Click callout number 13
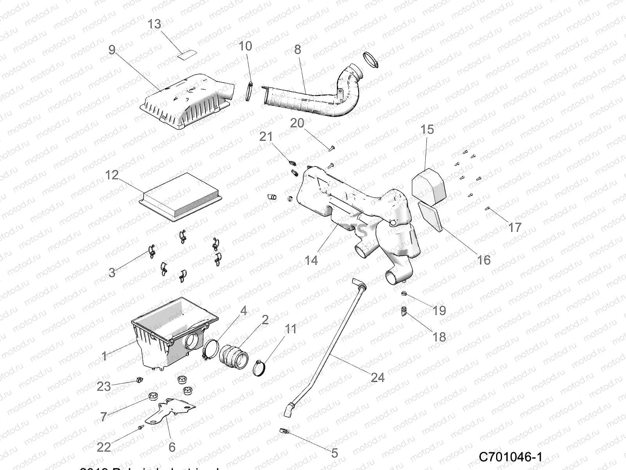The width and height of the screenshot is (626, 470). point(154,24)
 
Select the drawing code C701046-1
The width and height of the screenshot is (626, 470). point(511,457)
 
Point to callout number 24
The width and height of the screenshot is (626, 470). point(378,378)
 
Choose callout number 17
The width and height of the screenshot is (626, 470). point(515,227)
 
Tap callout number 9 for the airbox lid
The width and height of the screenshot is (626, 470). point(112,50)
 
